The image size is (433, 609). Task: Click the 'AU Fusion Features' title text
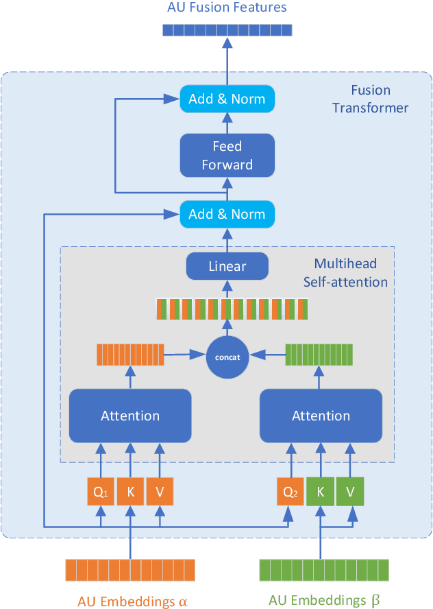coord(227,8)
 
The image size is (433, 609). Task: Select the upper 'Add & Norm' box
coord(227,99)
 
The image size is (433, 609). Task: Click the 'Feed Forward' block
coord(227,155)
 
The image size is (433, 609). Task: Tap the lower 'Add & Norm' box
coord(227,214)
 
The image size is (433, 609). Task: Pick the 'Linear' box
coord(227,266)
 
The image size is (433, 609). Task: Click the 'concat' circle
coord(227,356)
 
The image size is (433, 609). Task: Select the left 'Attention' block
coord(129,416)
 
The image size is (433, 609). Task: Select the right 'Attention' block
coord(321,416)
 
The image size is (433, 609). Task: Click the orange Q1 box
coord(101,492)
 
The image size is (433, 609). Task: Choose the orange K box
coord(130,492)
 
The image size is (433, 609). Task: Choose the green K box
coord(321,492)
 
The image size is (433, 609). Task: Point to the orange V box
coord(159,492)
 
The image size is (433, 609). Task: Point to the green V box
coord(349,492)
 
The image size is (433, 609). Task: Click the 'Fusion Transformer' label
coord(370,99)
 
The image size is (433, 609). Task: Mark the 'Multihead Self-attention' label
coord(350,273)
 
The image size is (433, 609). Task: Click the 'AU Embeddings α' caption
coord(132,601)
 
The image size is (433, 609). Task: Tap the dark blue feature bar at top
coord(227,29)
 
